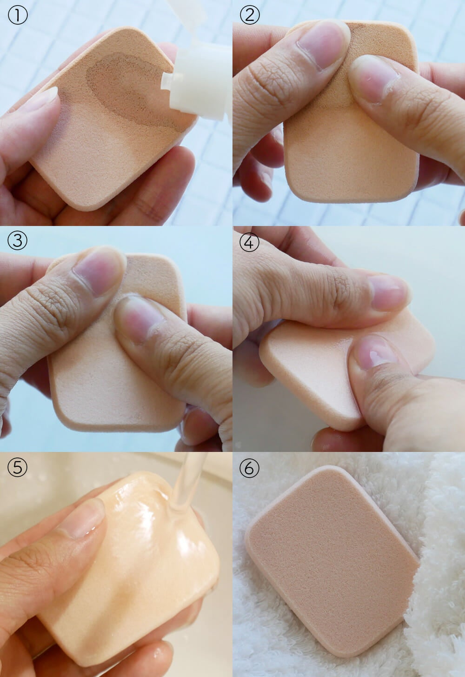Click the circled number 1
(x=17, y=15)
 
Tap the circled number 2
(x=249, y=15)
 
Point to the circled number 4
(x=249, y=241)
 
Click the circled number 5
(x=17, y=467)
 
